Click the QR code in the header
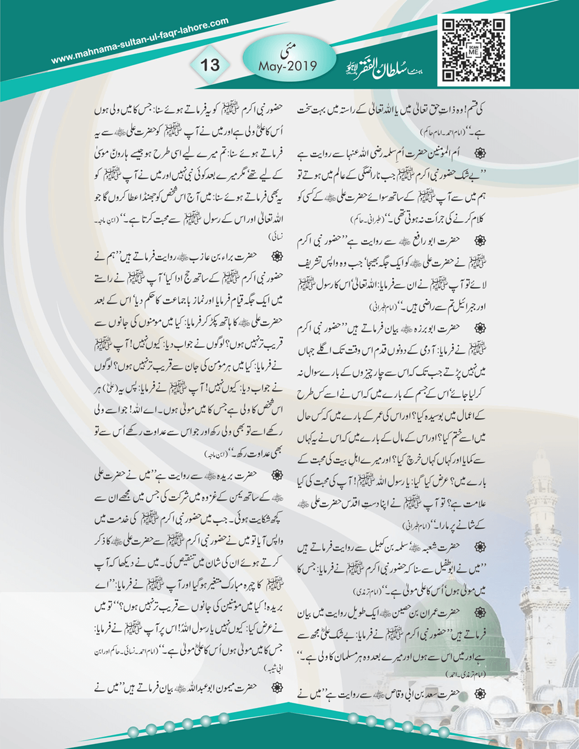click(x=473, y=50)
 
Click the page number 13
click(x=209, y=64)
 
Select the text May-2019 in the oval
click(x=288, y=66)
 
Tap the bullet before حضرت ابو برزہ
click(x=480, y=328)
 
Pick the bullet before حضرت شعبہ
click(x=480, y=546)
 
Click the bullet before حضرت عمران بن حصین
click(x=480, y=612)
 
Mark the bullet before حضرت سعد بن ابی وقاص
click(x=480, y=693)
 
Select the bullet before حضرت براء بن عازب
click(x=277, y=256)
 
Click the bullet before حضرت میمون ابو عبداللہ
click(x=277, y=687)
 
